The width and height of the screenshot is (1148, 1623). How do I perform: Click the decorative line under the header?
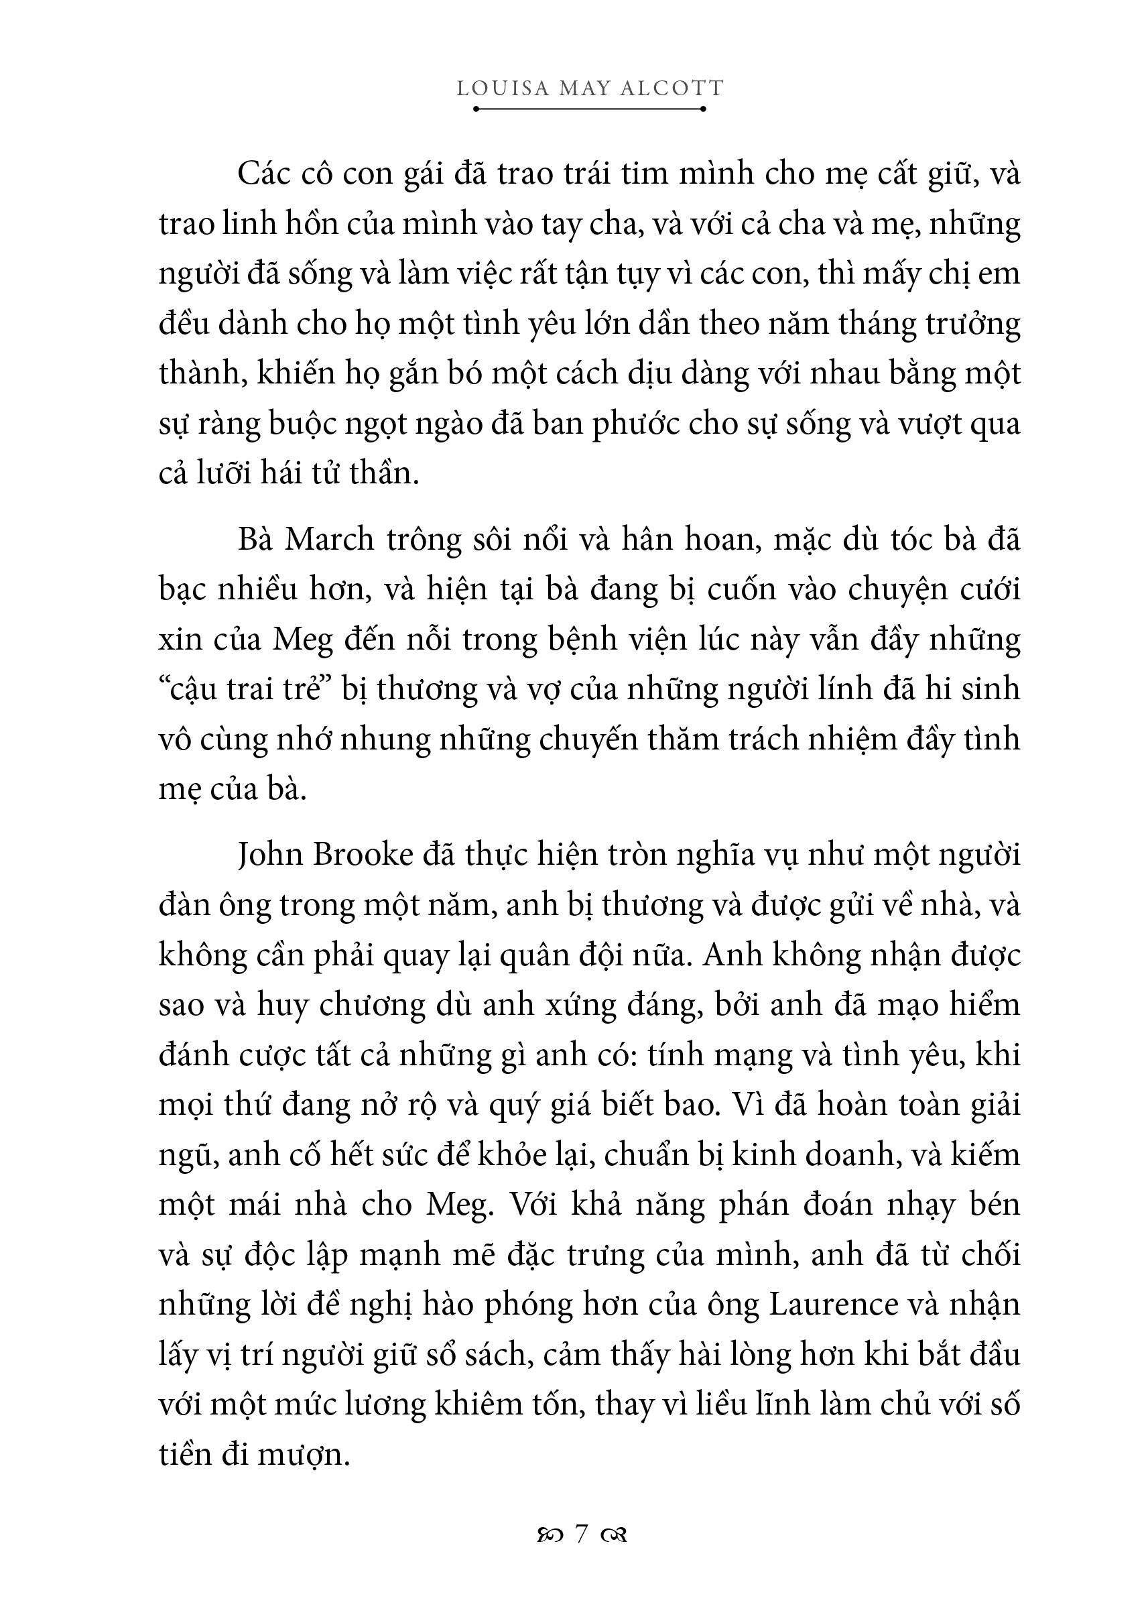click(590, 109)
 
